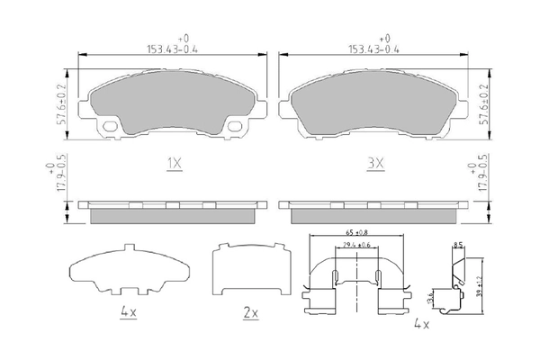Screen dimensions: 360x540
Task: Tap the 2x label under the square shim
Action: tap(250, 313)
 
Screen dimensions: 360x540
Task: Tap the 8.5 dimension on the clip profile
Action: tap(457, 245)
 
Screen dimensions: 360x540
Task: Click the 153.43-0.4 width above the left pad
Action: tap(173, 50)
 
